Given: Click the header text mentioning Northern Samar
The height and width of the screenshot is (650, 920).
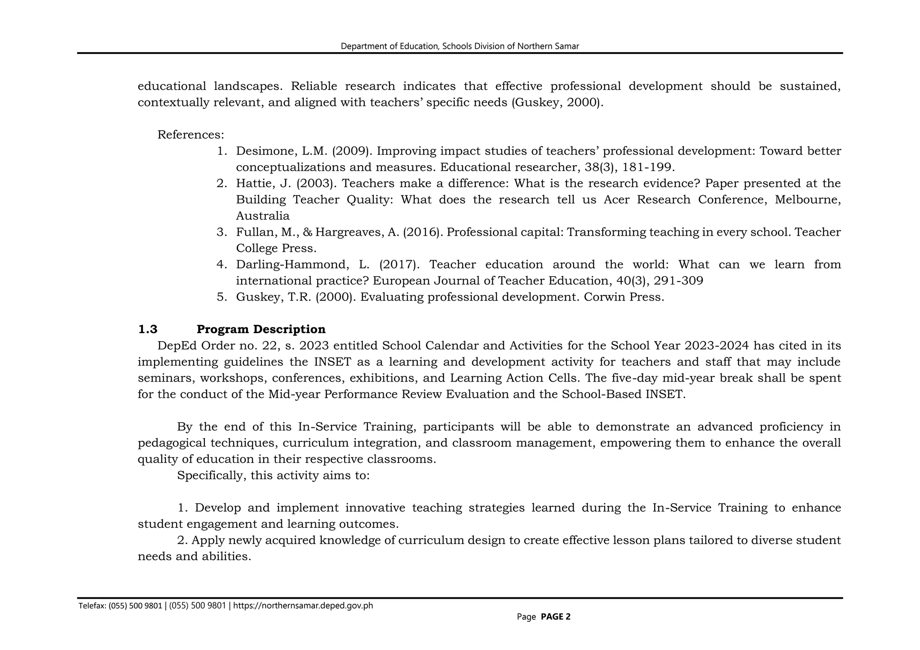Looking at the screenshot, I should [460, 46].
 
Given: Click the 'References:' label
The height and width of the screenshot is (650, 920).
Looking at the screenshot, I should [190, 135].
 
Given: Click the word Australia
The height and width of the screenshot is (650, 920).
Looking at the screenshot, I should [263, 216].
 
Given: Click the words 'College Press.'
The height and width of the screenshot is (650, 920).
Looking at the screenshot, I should [276, 248].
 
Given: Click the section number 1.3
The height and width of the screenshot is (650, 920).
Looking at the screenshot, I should [148, 329].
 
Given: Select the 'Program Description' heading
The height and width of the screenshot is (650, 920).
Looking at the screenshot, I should [261, 329].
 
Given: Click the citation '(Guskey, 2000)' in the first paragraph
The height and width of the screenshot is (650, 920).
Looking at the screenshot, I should [557, 103].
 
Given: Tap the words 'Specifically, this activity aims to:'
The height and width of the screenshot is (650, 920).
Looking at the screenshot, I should [273, 475].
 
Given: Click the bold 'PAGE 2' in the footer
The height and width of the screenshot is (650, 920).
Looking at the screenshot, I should [555, 617].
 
